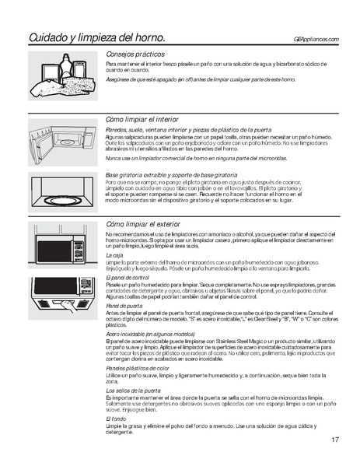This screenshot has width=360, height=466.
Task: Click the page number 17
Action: coord(334,440)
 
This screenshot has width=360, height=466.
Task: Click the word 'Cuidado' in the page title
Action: coord(51,37)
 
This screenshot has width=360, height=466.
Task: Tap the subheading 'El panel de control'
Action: coord(128,277)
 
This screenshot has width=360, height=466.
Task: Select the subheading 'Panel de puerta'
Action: coord(124,306)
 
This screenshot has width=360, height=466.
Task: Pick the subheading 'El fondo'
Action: coord(116,418)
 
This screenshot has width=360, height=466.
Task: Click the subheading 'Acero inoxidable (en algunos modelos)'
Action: coord(150,334)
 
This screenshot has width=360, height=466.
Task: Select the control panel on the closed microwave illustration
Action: coord(77,250)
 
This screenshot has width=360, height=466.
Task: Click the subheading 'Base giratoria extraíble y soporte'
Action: coord(171,174)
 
